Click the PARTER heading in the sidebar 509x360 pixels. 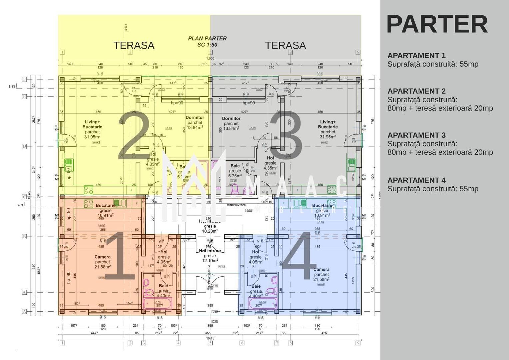(437, 24)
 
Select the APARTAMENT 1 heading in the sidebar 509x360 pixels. (416, 56)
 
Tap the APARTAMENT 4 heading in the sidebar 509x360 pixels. (416, 180)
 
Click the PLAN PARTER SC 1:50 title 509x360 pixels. (207, 41)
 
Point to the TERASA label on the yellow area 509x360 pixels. (134, 45)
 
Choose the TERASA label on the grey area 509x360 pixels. (285, 45)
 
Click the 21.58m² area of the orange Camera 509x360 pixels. (102, 267)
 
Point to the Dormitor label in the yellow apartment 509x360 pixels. (195, 118)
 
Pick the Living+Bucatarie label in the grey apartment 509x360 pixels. (328, 124)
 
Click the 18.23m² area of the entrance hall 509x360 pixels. (210, 231)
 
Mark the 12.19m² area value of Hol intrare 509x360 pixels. (210, 261)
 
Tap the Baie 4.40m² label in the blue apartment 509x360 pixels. (256, 291)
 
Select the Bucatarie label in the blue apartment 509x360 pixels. (322, 206)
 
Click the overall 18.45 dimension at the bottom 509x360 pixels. (210, 338)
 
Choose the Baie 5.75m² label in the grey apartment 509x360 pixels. (235, 171)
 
